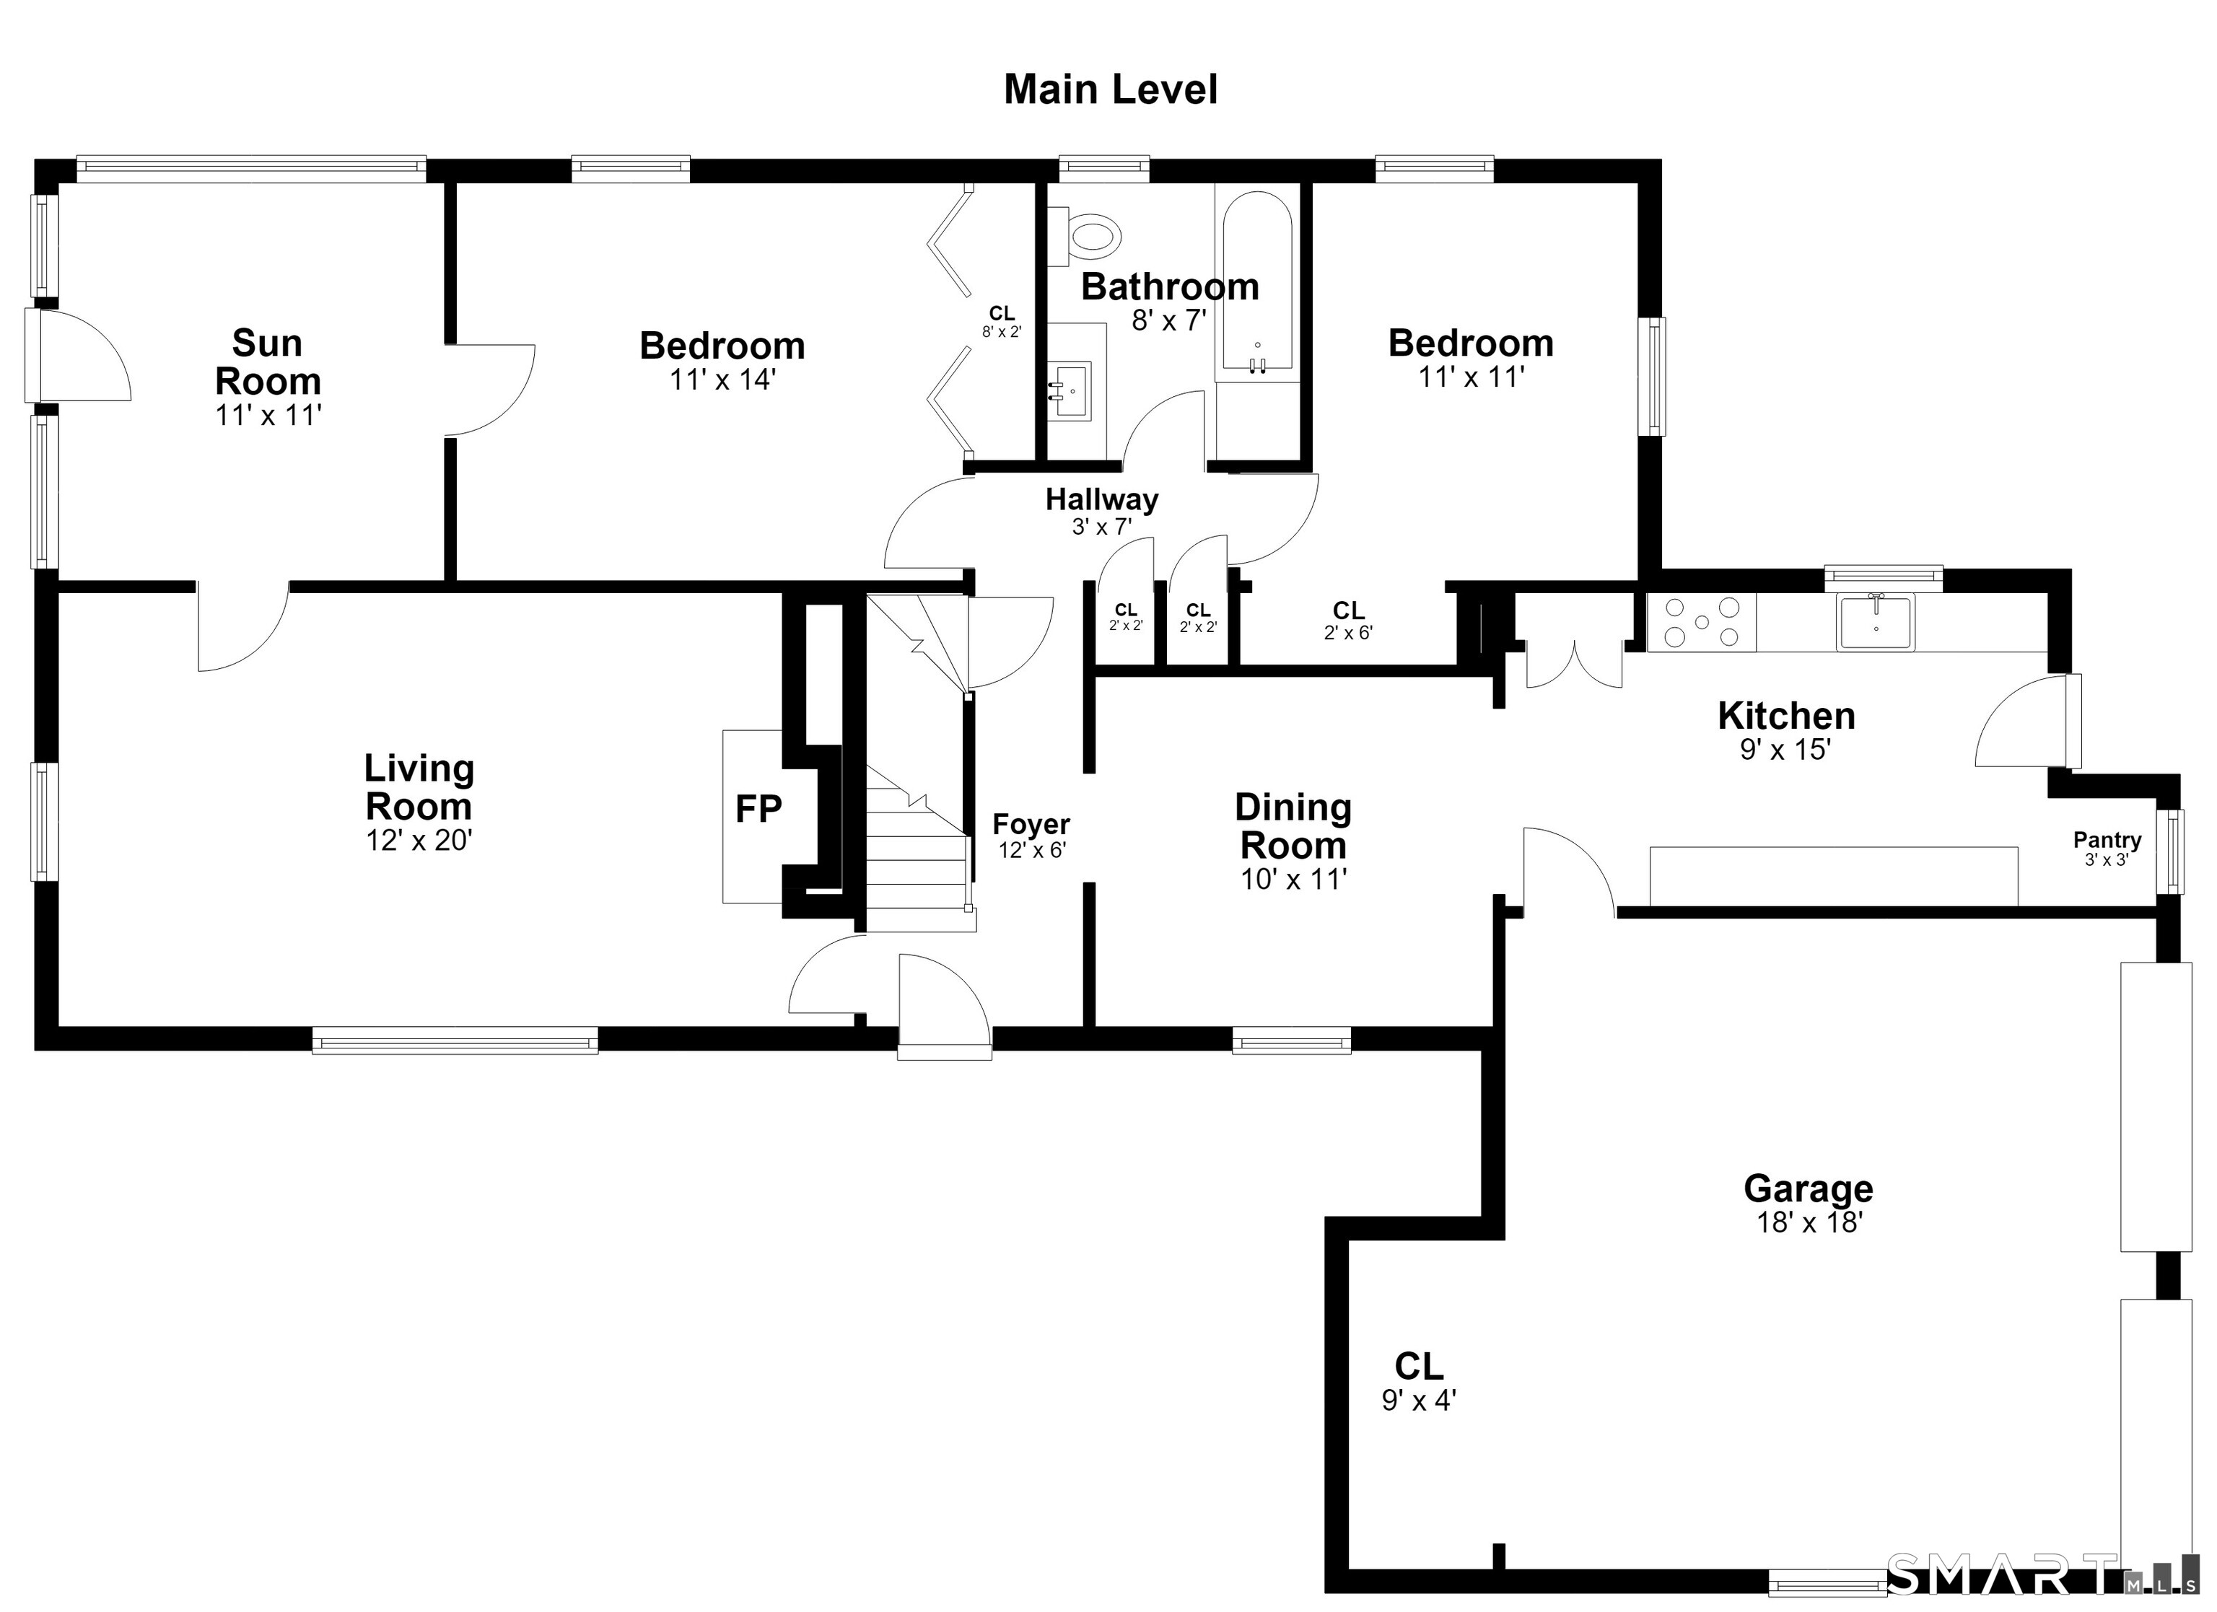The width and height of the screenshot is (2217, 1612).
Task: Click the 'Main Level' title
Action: tap(1111, 90)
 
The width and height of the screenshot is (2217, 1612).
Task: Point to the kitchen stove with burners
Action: tap(1702, 622)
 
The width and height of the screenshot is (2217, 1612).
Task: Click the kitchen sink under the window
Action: tap(1876, 622)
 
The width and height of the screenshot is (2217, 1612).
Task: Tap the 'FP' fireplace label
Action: tap(758, 810)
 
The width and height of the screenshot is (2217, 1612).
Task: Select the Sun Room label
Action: tap(268, 362)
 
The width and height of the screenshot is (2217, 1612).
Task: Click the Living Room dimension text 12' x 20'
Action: tap(419, 841)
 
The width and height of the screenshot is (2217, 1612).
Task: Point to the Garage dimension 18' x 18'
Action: tap(1809, 1222)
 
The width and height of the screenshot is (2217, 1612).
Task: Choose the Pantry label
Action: tap(2107, 840)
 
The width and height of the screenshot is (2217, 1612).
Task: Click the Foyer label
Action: tap(1031, 824)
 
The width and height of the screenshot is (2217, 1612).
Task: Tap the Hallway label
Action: tap(1102, 499)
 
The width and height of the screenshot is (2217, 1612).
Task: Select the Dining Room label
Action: tap(1293, 826)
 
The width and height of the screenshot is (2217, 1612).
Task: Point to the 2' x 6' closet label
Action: tap(1348, 633)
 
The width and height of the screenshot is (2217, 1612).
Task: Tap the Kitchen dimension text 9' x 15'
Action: tap(1785, 750)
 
